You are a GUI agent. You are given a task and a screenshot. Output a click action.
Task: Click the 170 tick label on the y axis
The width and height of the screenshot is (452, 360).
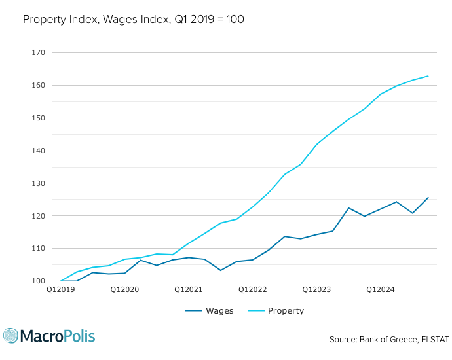tap(38, 52)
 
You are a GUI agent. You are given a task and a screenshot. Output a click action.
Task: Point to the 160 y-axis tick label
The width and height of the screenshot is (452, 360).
tap(38, 85)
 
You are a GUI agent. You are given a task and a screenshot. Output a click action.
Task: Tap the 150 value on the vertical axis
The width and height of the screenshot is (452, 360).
tap(38, 118)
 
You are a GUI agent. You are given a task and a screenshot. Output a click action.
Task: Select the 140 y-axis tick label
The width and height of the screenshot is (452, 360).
tap(38, 151)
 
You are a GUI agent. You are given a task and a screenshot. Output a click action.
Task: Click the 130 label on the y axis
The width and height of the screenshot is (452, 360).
tap(38, 183)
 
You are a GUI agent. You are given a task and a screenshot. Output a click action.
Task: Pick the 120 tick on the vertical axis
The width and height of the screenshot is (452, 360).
tap(38, 216)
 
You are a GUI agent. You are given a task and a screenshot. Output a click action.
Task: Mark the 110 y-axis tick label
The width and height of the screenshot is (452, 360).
tap(38, 249)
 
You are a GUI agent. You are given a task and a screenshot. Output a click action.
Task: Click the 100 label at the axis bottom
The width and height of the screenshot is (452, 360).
tap(38, 281)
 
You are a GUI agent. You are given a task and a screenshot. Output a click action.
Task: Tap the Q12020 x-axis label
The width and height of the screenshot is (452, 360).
tap(124, 289)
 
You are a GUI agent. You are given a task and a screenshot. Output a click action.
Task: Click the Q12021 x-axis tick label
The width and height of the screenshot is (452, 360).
tap(188, 289)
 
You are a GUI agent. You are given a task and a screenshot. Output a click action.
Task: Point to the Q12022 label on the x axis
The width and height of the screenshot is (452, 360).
tap(252, 289)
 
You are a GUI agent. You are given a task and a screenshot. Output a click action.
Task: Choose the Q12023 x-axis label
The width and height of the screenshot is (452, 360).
tap(316, 289)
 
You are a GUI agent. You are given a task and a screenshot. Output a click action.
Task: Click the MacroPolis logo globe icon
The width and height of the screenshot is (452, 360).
tap(11, 336)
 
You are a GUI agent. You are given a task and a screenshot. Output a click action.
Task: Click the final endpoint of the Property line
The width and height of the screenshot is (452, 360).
tap(428, 76)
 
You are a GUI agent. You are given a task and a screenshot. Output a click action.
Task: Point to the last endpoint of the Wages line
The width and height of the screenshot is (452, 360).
tap(428, 197)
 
